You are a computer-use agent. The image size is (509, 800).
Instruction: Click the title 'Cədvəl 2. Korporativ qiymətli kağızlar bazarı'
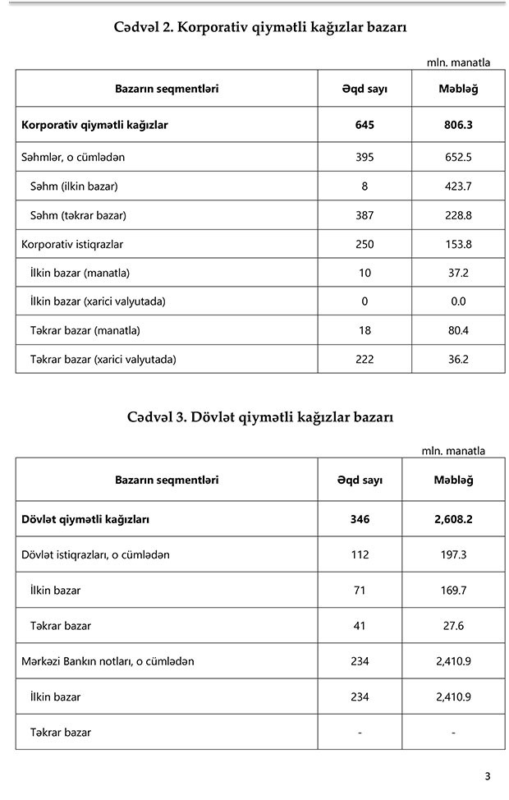point(260,27)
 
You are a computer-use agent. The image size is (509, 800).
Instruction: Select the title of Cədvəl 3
point(260,416)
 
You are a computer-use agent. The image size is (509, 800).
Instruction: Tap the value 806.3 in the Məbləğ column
point(458,126)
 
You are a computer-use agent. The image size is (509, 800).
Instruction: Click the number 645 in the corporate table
point(365,126)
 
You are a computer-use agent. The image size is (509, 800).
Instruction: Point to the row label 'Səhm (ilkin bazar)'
point(74,186)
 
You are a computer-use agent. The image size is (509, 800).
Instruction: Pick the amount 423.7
point(458,186)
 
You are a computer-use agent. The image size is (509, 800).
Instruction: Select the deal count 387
point(365,215)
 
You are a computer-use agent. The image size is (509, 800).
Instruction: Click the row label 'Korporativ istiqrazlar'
point(72,244)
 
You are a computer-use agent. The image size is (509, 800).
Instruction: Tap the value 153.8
point(458,244)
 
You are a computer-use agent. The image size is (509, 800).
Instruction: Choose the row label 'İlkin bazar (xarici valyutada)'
point(98,301)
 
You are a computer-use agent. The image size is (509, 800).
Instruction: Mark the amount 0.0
point(458,301)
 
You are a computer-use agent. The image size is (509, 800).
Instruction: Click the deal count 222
point(365,358)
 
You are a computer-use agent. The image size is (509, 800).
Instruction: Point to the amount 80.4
point(458,330)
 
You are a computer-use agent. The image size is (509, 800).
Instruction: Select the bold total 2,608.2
point(453,519)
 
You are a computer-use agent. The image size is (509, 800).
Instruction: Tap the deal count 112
point(360,554)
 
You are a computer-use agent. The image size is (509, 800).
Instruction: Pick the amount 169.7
point(453,590)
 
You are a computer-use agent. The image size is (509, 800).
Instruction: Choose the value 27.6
point(453,625)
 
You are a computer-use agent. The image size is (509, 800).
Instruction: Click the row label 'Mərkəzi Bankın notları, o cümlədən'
point(108,661)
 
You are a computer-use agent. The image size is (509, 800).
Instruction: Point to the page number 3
point(487,776)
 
